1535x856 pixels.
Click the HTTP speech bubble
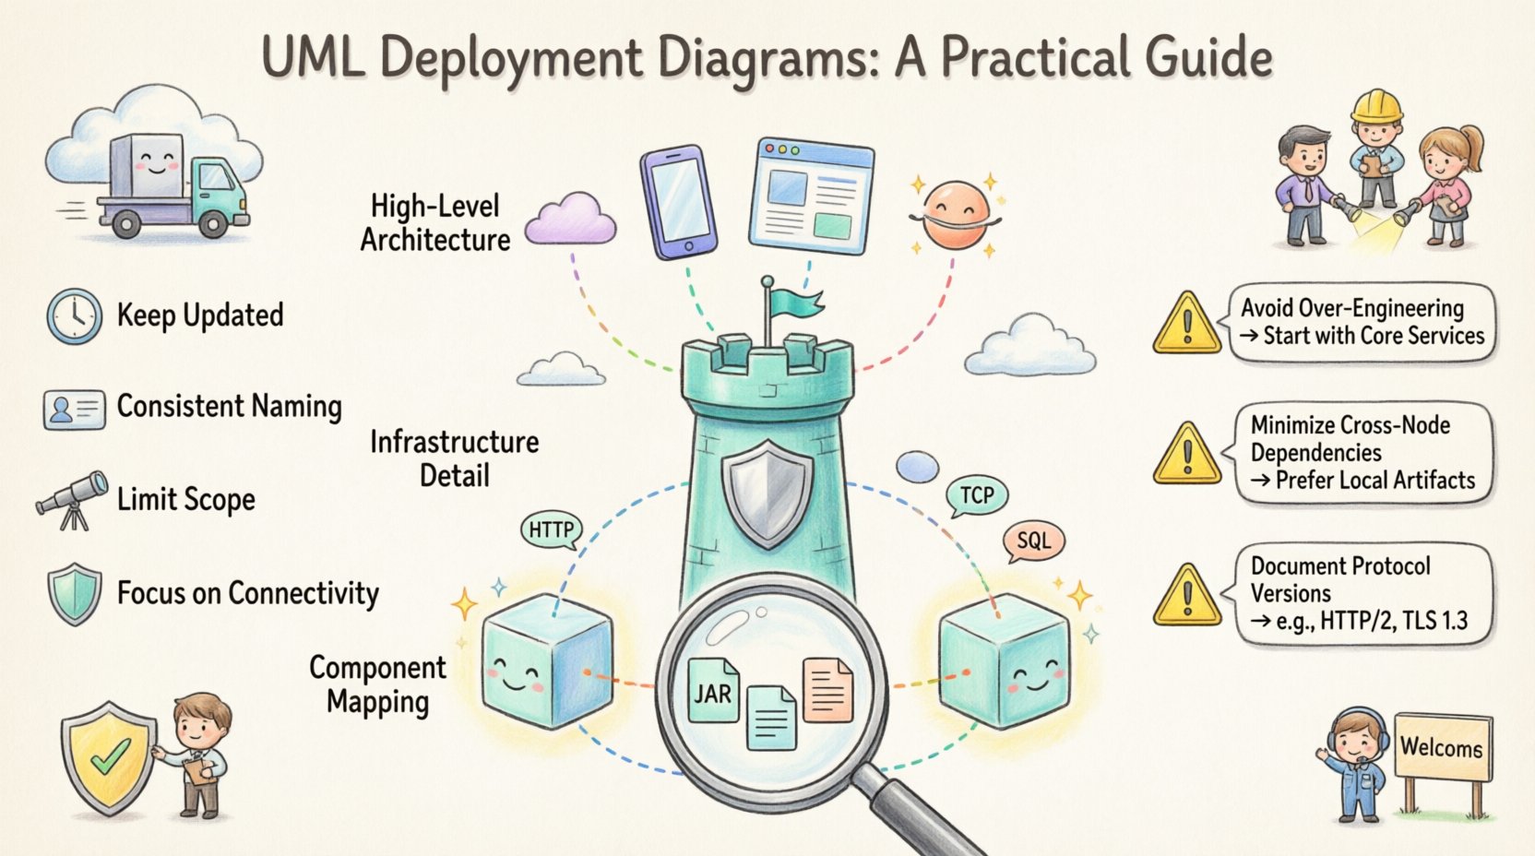coord(551,530)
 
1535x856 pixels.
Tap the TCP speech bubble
coord(977,496)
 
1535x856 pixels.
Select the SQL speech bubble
coord(1033,541)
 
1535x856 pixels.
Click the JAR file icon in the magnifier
coord(713,692)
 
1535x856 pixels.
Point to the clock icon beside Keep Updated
coord(74,315)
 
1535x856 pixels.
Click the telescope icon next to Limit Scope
coord(72,499)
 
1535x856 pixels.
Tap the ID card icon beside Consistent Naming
coord(74,409)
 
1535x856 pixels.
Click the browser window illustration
coord(811,196)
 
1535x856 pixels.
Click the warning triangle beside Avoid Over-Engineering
coord(1187,324)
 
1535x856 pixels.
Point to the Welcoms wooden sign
coord(1442,747)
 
